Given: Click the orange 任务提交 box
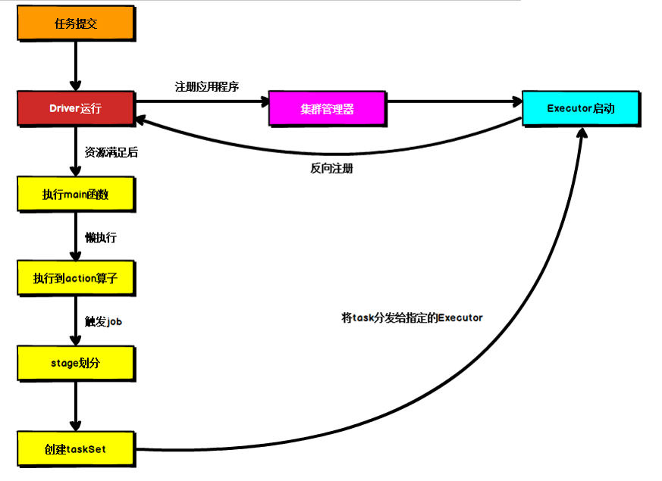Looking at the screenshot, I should pyautogui.click(x=76, y=23).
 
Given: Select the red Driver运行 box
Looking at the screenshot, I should pyautogui.click(x=76, y=108).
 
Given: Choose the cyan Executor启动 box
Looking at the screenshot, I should pyautogui.click(x=580, y=108).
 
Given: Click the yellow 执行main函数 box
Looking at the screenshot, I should pyautogui.click(x=76, y=195).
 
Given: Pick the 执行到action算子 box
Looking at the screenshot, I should pyautogui.click(x=76, y=278).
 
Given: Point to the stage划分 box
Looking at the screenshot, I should pyautogui.click(x=76, y=363).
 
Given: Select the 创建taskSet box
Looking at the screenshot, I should pyautogui.click(x=76, y=448).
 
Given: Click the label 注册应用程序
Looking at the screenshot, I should pyautogui.click(x=207, y=86).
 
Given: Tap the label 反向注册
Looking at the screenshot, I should pyautogui.click(x=331, y=168).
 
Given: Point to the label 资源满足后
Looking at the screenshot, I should pyautogui.click(x=111, y=151).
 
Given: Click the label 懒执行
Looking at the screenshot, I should pyautogui.click(x=101, y=237).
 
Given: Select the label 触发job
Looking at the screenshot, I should pyautogui.click(x=104, y=321).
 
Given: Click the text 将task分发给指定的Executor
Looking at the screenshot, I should pyautogui.click(x=412, y=318).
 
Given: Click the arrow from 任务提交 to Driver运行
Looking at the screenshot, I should pyautogui.click(x=76, y=64).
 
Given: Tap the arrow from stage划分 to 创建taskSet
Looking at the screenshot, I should pyautogui.click(x=76, y=405).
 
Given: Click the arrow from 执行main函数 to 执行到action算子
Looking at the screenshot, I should pyautogui.click(x=76, y=236).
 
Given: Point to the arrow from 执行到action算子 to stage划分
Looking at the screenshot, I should pyautogui.click(x=76, y=320).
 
